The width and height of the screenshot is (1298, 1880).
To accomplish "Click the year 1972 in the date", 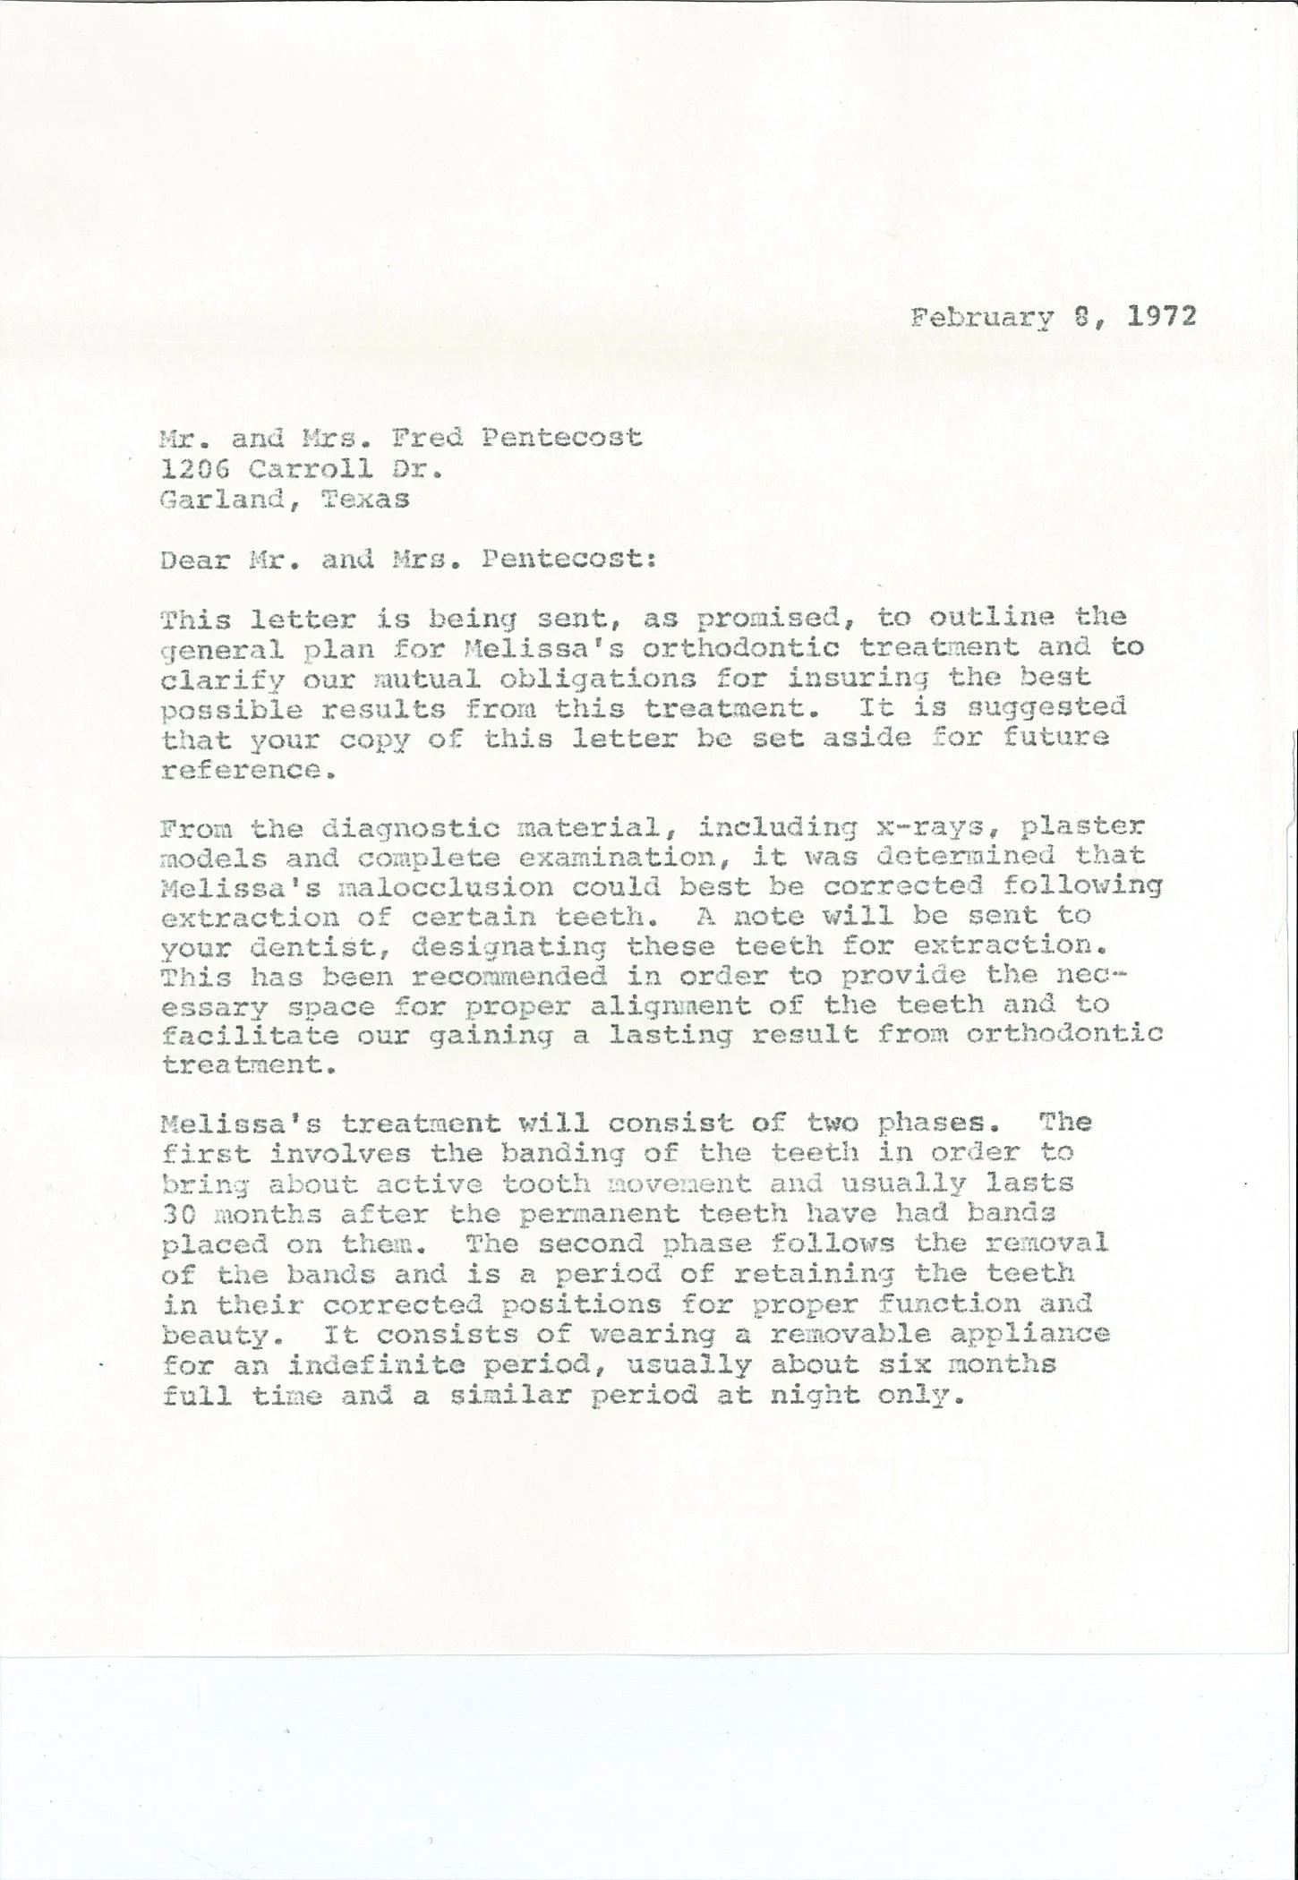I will (x=1160, y=318).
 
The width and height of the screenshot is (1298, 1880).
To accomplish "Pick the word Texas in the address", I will (x=364, y=499).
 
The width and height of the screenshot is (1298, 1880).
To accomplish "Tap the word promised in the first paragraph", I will (x=767, y=619).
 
